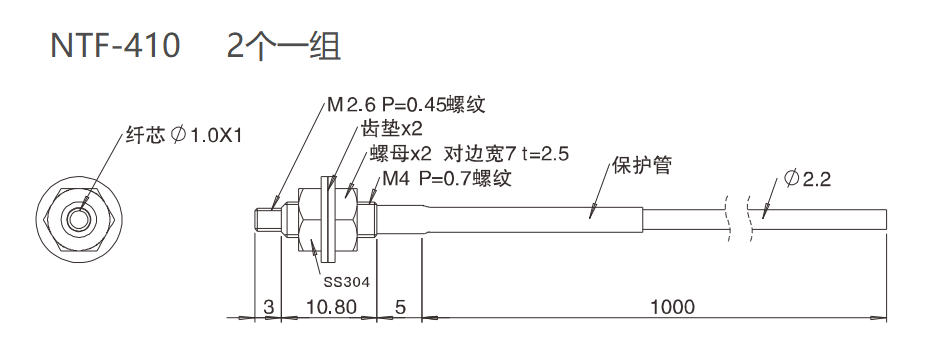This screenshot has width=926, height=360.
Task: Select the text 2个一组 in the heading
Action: point(284,46)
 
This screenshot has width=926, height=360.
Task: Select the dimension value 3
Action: point(268,306)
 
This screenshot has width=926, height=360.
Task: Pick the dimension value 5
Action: point(400,306)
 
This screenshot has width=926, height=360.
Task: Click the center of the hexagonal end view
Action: point(78,217)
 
